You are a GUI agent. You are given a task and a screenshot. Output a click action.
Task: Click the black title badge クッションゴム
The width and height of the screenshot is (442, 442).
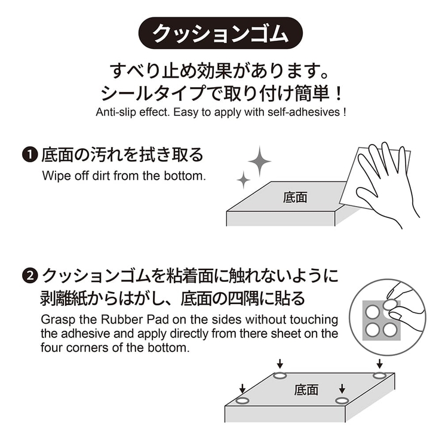(220, 33)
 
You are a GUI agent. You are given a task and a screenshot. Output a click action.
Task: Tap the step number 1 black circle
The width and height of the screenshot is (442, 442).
(30, 155)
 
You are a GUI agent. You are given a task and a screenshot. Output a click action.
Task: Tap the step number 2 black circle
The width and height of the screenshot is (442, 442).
(30, 276)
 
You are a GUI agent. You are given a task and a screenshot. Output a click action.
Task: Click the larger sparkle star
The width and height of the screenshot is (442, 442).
(259, 161)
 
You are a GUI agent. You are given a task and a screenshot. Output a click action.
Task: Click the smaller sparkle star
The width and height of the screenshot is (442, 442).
(243, 180)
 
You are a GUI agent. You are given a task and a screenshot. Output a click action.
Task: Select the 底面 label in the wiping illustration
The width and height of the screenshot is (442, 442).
(295, 197)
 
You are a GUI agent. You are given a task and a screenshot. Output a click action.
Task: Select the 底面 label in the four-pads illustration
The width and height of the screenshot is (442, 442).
(306, 390)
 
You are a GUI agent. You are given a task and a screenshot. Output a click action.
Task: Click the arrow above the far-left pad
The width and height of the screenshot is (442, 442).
(242, 388)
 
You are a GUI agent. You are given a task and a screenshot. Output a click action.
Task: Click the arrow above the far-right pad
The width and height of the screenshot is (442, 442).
(380, 364)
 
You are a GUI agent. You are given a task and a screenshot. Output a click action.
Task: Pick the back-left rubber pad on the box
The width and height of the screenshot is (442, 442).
(280, 376)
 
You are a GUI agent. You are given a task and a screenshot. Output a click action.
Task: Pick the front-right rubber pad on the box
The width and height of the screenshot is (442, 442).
(342, 400)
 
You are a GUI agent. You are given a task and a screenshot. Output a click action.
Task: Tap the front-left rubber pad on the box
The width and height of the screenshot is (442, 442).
(243, 400)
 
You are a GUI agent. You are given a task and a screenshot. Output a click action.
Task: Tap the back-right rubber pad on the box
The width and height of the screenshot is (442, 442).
(379, 376)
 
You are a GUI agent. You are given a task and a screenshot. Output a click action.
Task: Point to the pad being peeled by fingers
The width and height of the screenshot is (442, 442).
(390, 304)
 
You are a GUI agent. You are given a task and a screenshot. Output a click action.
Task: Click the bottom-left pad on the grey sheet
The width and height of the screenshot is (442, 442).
(372, 330)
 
